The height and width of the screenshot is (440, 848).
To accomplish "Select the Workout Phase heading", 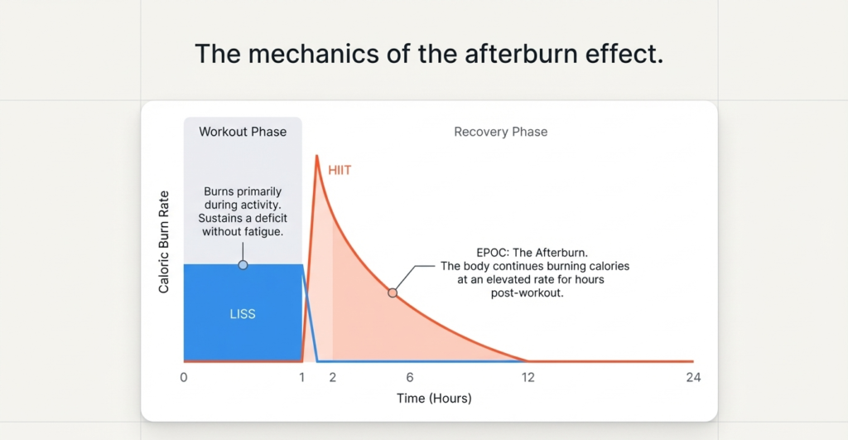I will (x=243, y=132).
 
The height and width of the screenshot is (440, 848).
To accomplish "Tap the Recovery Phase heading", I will (x=500, y=132).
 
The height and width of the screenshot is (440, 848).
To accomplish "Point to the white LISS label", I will (x=243, y=315).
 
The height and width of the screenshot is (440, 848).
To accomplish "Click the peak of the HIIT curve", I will (x=316, y=156).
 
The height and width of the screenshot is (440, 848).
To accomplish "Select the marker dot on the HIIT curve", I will (x=393, y=293).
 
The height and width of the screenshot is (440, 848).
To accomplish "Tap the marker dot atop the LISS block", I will (x=243, y=265).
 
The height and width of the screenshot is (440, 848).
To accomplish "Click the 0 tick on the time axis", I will (x=184, y=378).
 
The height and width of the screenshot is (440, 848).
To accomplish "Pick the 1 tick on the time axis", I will (x=302, y=378).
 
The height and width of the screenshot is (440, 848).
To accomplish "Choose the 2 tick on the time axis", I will (x=333, y=378).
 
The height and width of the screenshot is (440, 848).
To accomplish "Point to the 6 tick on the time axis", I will (x=409, y=378).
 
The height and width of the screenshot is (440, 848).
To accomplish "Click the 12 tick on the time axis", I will (x=528, y=378).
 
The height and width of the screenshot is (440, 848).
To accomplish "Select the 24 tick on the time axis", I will (x=693, y=378).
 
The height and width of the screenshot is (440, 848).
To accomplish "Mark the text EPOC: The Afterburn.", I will (x=535, y=253).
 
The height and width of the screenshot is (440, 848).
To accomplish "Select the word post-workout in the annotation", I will (x=534, y=293).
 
